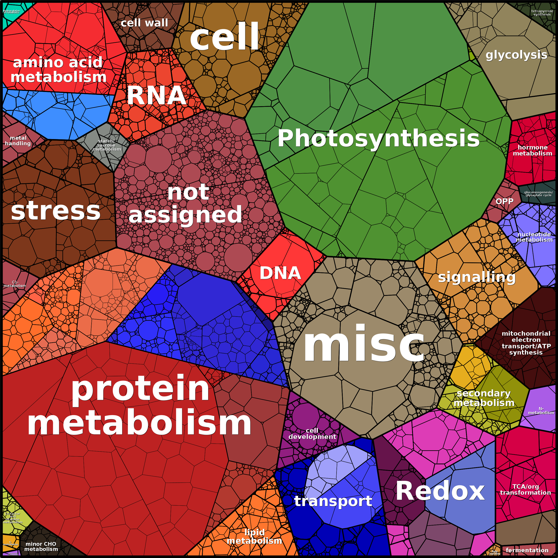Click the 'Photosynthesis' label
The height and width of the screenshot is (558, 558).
click(378, 139)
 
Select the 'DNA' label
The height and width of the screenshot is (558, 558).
click(280, 273)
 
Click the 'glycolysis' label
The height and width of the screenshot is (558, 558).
click(516, 55)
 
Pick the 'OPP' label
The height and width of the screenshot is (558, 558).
click(504, 201)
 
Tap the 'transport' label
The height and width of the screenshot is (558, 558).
click(333, 501)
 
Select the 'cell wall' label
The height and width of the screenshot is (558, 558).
click(144, 23)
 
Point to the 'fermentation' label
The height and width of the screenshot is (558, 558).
click(527, 550)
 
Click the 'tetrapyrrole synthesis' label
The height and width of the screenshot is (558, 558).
click(542, 13)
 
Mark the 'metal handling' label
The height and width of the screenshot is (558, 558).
click(18, 141)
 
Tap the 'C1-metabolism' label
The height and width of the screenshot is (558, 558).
click(15, 284)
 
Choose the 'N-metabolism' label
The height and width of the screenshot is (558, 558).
click(541, 411)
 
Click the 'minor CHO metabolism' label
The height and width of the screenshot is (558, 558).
click(41, 546)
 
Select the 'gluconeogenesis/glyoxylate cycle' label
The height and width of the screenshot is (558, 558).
click(538, 193)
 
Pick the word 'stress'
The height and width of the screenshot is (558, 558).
click(56, 211)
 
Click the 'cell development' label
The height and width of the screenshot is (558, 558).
click(312, 434)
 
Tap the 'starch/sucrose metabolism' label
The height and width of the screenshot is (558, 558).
click(107, 145)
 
